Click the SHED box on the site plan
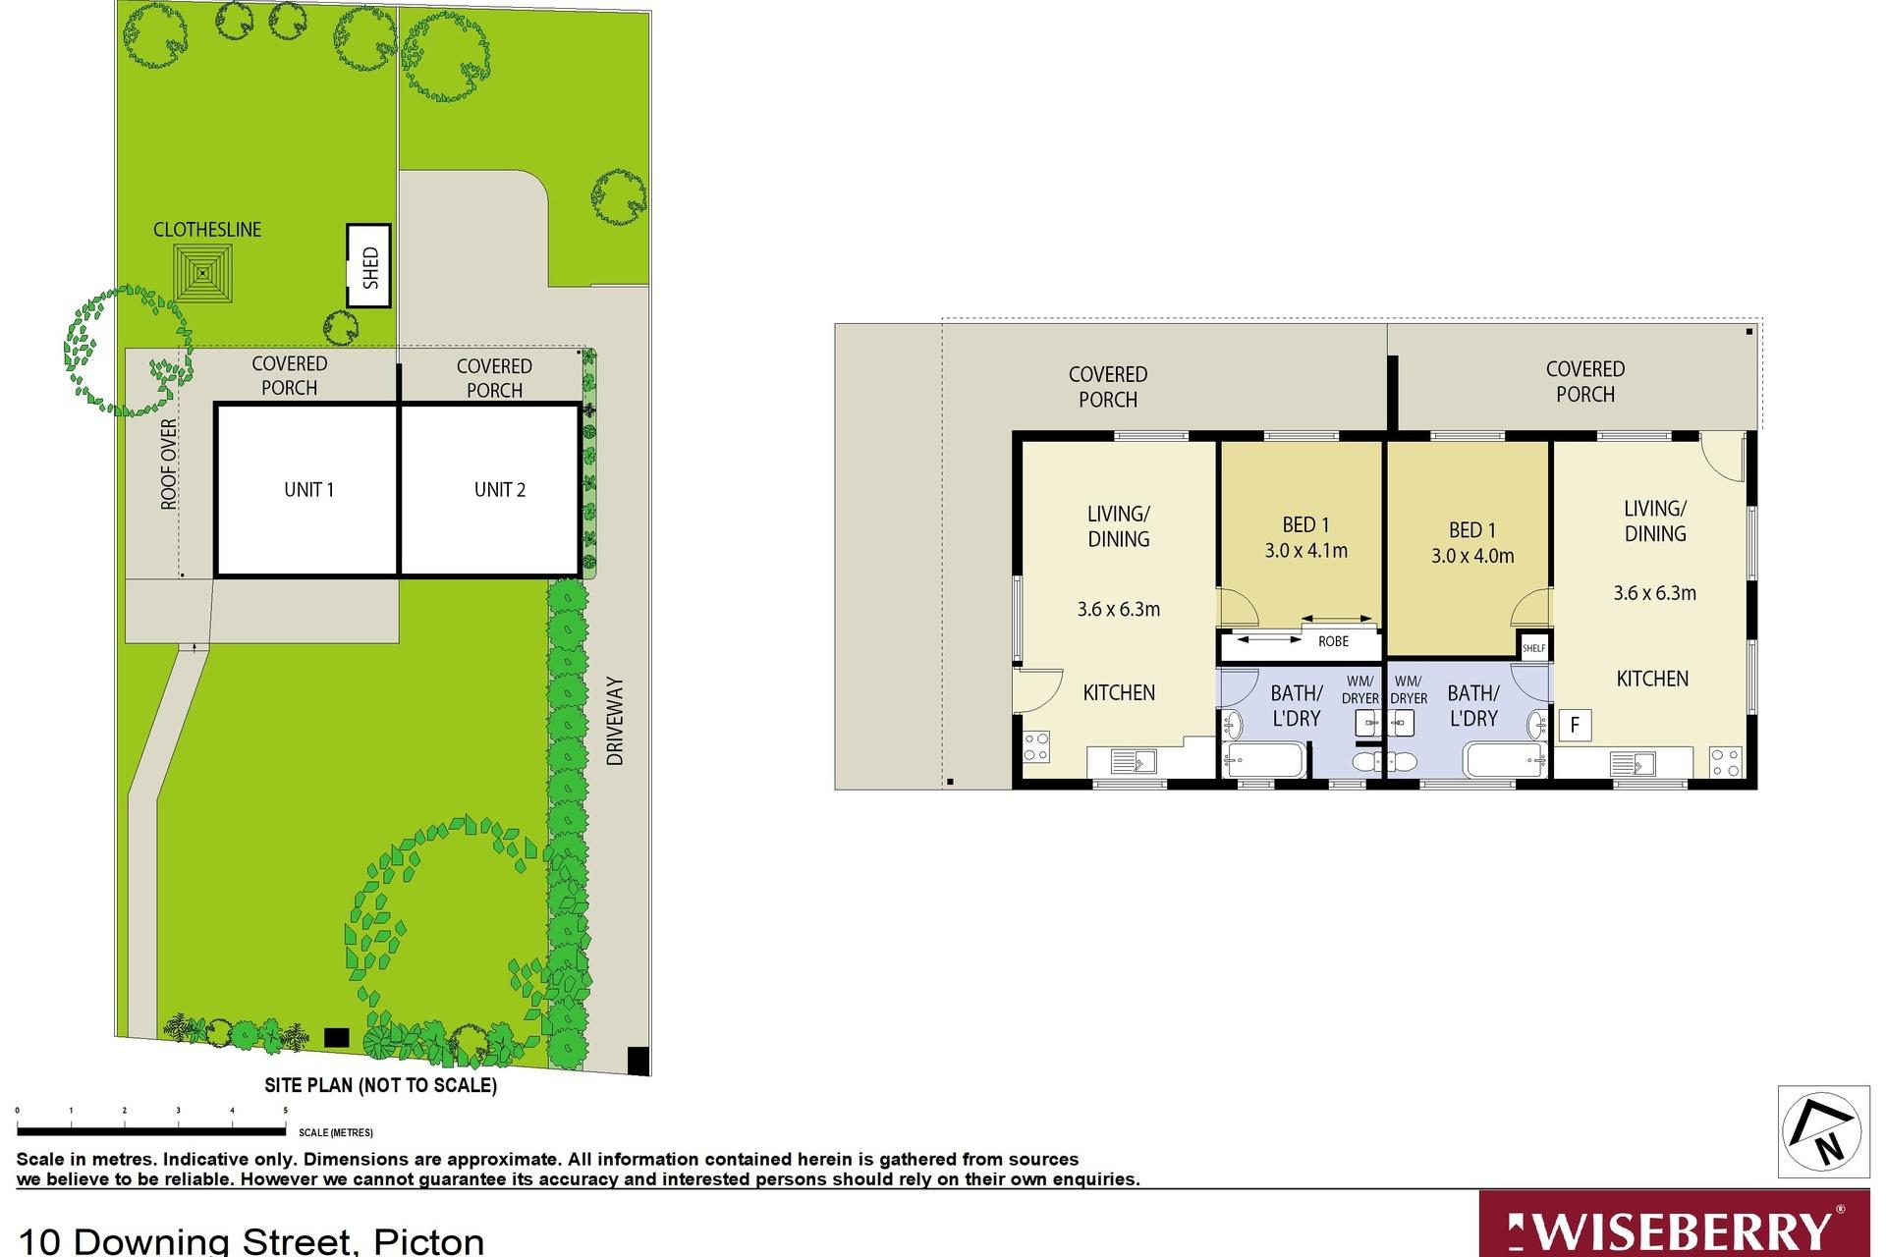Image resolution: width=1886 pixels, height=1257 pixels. click(369, 265)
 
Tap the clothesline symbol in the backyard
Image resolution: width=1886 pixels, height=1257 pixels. click(204, 273)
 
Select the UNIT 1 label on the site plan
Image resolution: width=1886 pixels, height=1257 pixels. click(309, 489)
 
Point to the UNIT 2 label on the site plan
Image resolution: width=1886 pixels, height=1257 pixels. click(500, 489)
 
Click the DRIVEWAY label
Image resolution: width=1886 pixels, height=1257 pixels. click(615, 721)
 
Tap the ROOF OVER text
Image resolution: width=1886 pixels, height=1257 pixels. click(169, 465)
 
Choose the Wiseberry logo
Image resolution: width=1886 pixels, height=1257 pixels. click(1682, 1224)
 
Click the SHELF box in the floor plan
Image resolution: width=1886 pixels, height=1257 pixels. click(1533, 648)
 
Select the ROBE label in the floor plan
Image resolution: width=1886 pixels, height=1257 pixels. click(1333, 641)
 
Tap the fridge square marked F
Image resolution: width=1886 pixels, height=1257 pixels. click(1575, 726)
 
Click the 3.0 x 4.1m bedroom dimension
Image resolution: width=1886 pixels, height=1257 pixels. click(1305, 551)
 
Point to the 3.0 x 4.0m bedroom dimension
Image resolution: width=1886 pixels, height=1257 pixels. click(1472, 556)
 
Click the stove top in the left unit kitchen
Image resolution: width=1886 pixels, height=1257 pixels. click(1036, 746)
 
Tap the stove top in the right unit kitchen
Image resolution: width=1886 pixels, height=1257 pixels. click(1726, 763)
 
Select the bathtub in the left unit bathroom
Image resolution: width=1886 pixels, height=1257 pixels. click(1265, 760)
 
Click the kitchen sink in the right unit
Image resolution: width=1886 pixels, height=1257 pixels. click(1633, 763)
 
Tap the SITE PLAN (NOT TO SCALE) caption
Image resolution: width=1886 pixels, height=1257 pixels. click(381, 1085)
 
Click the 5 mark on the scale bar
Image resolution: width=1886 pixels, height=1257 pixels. click(286, 1111)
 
